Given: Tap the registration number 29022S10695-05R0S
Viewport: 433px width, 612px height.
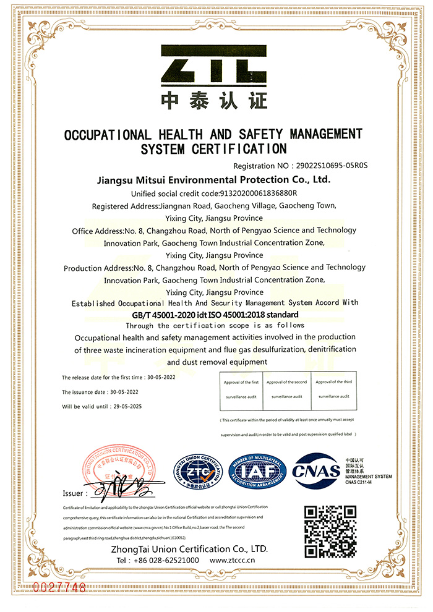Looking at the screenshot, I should coord(332,166).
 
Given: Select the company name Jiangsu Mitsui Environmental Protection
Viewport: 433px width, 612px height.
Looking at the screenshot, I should coord(215,180).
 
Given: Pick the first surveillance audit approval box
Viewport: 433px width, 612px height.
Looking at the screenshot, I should coord(241,389).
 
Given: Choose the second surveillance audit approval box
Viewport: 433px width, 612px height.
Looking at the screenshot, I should coord(286,389).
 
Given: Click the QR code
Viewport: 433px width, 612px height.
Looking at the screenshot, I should coord(331,531).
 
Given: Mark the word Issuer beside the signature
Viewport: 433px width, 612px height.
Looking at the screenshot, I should coord(73,493).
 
